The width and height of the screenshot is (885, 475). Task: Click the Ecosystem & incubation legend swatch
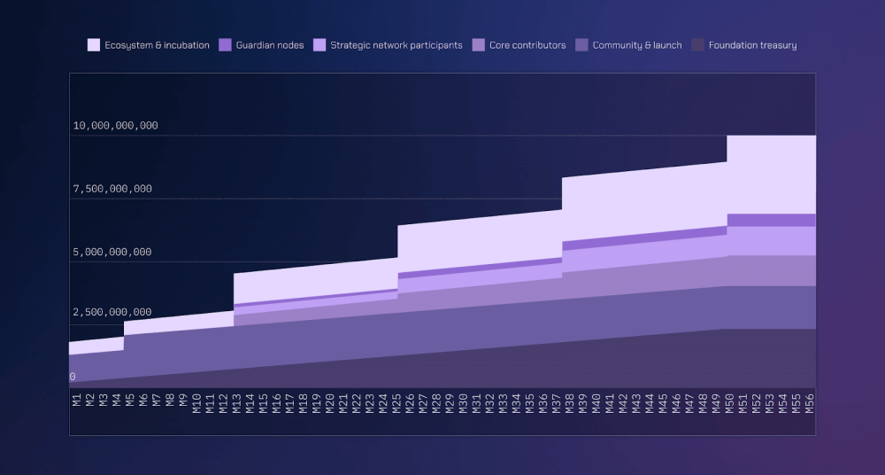(x=93, y=45)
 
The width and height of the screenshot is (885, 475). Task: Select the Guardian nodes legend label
(x=269, y=45)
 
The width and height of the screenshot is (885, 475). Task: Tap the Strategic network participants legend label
(x=396, y=45)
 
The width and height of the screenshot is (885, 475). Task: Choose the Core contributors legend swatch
(x=479, y=45)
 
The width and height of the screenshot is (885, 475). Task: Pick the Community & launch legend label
(x=637, y=45)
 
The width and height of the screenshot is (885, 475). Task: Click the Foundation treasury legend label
(x=752, y=45)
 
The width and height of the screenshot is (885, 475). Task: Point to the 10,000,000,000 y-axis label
(x=115, y=126)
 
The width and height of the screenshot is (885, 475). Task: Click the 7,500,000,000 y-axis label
(x=112, y=189)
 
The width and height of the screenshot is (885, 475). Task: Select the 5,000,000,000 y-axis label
(x=112, y=253)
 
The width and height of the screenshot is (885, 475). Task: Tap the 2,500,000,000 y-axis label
(x=112, y=313)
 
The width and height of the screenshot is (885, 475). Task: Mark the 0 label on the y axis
(x=73, y=377)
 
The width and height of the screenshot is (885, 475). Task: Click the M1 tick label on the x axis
(x=76, y=400)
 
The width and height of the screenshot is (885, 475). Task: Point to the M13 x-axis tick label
(x=237, y=404)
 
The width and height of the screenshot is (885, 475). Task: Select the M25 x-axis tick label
(x=397, y=404)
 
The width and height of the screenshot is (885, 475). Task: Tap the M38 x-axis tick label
(x=569, y=404)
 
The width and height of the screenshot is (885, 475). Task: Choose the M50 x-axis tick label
(x=729, y=404)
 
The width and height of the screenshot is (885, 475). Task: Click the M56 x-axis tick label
(x=809, y=404)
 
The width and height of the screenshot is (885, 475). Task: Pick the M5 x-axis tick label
(x=130, y=400)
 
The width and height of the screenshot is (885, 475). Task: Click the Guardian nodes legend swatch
(x=225, y=45)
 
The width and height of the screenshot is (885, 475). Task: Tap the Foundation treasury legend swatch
(x=697, y=45)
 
